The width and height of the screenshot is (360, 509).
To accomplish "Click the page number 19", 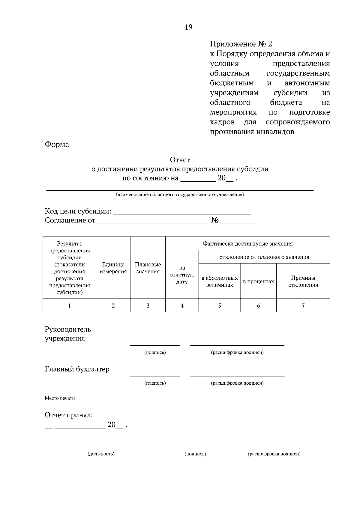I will [188, 27].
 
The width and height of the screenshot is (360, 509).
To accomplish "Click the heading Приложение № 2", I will [241, 44].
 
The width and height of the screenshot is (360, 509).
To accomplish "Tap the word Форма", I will [57, 144].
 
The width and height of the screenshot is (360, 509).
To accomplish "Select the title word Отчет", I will [180, 160].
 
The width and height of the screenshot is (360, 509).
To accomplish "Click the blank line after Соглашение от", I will [152, 222].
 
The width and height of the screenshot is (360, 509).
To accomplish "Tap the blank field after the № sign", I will [236, 222].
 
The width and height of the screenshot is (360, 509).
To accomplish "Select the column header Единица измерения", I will [113, 268].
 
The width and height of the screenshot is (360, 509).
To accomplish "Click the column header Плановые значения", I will [148, 268].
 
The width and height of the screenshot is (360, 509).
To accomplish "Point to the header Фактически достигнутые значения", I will [247, 243].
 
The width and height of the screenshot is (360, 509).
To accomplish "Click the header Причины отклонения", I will [303, 281].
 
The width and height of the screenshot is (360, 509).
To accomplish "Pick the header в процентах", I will [258, 281].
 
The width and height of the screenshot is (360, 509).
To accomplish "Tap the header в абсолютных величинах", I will [219, 281].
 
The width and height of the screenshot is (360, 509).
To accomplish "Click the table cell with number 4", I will [182, 305].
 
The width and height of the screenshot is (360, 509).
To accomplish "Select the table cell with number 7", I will [303, 305].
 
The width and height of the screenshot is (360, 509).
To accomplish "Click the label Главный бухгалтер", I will [77, 369].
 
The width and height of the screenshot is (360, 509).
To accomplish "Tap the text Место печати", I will [60, 398].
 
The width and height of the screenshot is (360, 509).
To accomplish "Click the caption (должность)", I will [101, 454].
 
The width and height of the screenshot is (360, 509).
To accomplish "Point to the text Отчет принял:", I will [69, 415].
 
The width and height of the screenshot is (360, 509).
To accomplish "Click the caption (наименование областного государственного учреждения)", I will [180, 195].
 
